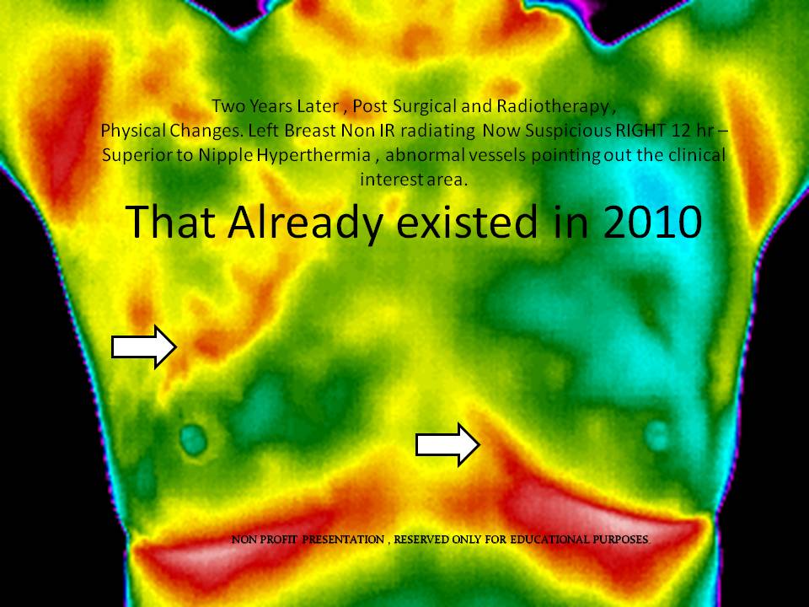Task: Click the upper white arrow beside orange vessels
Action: pyautogui.click(x=144, y=347)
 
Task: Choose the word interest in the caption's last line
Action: pyautogui.click(x=388, y=180)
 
